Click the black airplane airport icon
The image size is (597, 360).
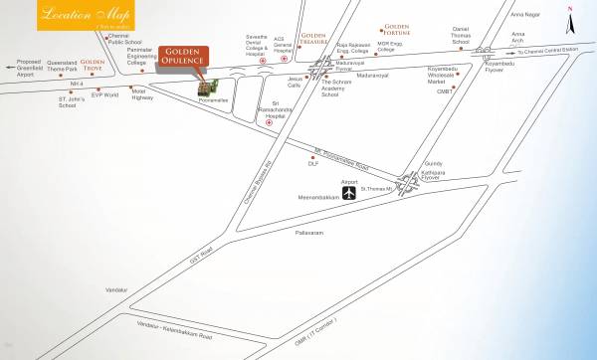tap(349, 195)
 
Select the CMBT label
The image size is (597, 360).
tap(444, 90)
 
